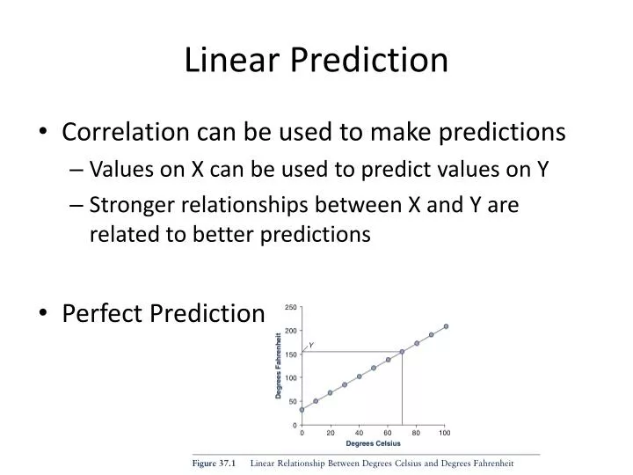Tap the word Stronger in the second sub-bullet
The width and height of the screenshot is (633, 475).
(x=135, y=205)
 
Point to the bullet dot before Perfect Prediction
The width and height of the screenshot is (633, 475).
(x=43, y=313)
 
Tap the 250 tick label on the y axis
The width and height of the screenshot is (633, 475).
(x=291, y=307)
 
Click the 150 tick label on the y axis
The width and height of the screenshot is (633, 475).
(x=291, y=354)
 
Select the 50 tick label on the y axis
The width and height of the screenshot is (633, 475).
(x=293, y=401)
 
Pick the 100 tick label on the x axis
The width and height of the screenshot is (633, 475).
(x=445, y=433)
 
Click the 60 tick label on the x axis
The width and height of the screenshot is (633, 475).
(x=388, y=433)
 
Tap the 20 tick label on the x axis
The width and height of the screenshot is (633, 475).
(x=331, y=433)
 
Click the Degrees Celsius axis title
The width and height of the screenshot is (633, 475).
(x=373, y=443)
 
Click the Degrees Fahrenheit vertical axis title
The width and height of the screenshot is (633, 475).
(x=279, y=365)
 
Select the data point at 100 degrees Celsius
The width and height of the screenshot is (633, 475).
(x=446, y=326)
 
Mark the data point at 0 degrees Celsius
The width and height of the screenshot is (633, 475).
(x=302, y=409)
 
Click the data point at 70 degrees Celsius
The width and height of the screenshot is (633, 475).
(x=402, y=352)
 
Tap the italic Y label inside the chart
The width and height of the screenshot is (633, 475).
(x=311, y=345)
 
